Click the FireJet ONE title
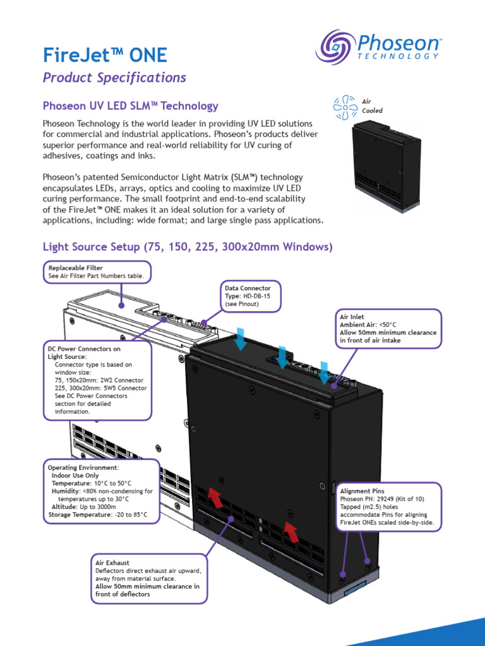click(105, 55)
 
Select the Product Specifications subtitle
click(114, 78)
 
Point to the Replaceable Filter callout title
click(75, 268)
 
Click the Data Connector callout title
click(248, 288)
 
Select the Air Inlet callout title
click(351, 317)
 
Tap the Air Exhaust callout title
click(112, 563)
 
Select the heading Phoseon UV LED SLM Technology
click(130, 106)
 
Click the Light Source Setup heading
click(187, 247)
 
